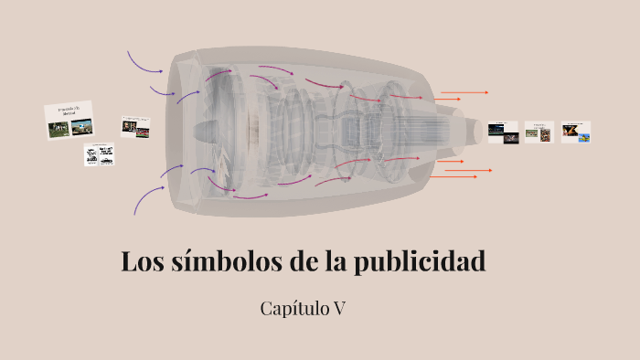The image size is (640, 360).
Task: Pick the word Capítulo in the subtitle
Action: coord(293,309)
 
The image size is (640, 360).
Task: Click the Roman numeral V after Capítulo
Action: coord(338,309)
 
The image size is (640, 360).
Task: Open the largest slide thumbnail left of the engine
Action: coord(69,120)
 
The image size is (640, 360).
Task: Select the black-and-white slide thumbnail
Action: coord(99,154)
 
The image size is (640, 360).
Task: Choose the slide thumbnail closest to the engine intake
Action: coord(136,125)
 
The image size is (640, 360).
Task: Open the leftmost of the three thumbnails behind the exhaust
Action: coord(502,132)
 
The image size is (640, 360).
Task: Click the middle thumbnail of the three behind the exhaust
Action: coord(539,132)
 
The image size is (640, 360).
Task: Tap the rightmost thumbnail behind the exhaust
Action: coord(576,132)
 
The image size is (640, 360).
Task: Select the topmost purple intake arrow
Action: coord(144,63)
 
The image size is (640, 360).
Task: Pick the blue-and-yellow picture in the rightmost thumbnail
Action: coord(583,137)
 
